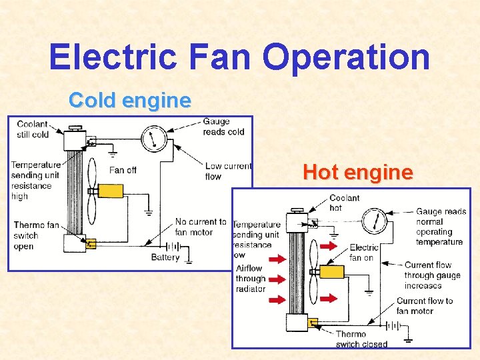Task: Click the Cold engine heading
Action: click(130, 101)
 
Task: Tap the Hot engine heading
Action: click(357, 173)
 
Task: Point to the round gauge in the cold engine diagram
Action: click(154, 139)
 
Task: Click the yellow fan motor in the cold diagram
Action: click(110, 191)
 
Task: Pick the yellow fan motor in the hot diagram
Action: click(331, 272)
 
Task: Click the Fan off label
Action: click(123, 170)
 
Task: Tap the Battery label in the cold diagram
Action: click(165, 257)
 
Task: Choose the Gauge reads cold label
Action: click(223, 127)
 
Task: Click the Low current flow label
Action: click(228, 171)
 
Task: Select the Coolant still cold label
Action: click(33, 129)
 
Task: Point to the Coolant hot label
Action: click(344, 203)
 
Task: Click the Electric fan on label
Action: click(363, 252)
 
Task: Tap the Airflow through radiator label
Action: click(251, 279)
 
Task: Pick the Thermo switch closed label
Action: click(361, 339)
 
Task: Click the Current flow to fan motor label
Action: click(425, 306)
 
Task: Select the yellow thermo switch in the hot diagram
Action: click(312, 323)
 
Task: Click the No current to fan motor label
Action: click(201, 227)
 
